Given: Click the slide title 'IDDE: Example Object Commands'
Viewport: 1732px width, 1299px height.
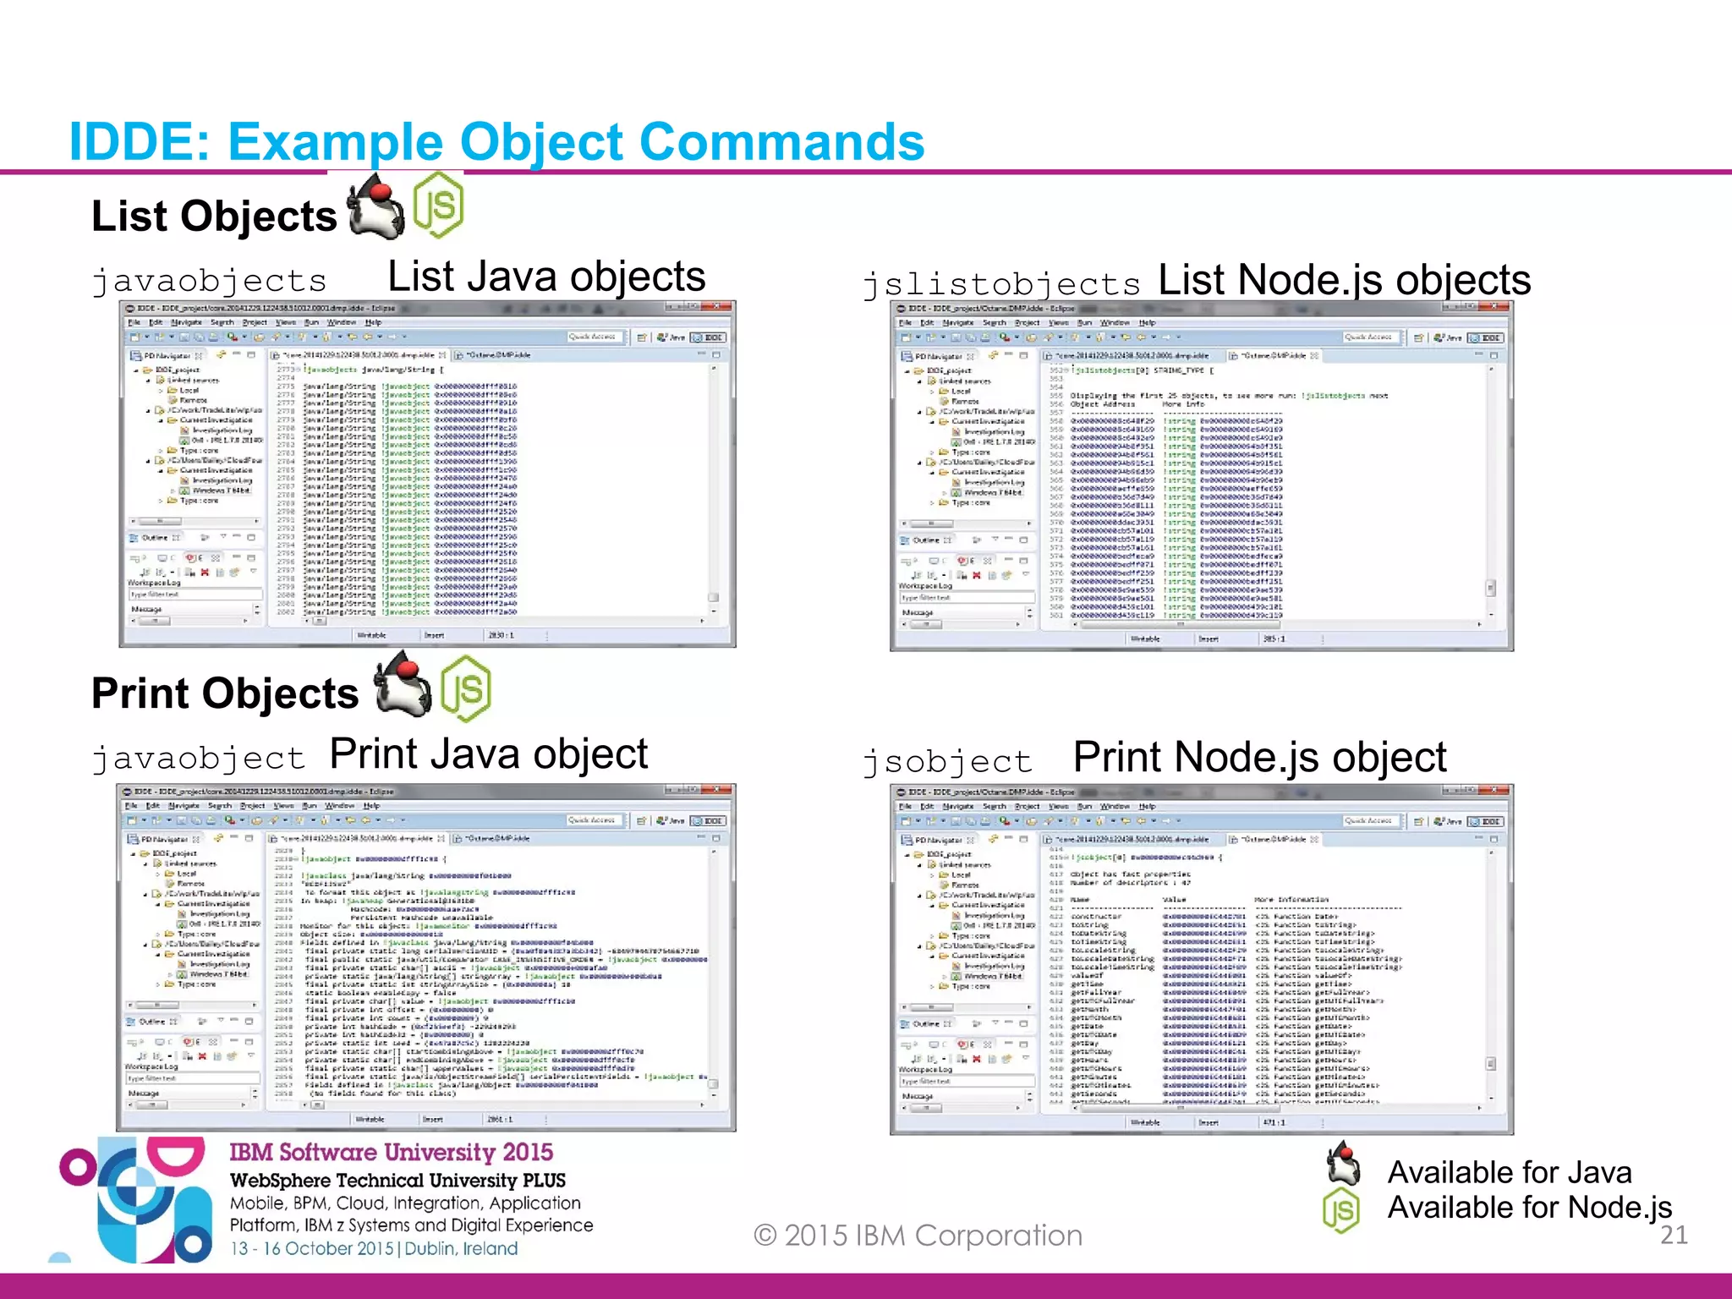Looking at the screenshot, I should [496, 141].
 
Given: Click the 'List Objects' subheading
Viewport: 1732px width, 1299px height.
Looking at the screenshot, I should [214, 216].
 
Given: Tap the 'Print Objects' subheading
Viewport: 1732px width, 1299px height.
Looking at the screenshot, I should [225, 693].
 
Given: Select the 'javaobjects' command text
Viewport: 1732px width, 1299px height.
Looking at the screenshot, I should [209, 281].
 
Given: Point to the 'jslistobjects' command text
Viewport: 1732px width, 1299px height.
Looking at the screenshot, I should [1001, 284].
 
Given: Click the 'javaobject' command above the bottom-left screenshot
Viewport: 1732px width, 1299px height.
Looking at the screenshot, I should [198, 758].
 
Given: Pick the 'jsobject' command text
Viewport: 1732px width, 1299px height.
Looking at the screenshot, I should [947, 761].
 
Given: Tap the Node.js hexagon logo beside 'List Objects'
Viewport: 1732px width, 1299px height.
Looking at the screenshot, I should [438, 206].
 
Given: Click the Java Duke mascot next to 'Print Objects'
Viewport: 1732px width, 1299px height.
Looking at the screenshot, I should [403, 686].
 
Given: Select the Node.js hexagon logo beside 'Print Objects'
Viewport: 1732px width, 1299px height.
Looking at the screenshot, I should [465, 688].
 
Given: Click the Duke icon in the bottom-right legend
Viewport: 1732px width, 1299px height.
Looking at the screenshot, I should [1343, 1164].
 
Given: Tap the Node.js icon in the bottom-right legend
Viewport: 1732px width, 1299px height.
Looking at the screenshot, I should [1341, 1210].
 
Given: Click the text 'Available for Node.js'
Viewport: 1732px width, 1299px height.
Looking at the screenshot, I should [1529, 1207].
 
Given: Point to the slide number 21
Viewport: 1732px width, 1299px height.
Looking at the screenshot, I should [1674, 1236].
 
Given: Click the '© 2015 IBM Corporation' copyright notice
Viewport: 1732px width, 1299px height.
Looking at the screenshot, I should [918, 1236].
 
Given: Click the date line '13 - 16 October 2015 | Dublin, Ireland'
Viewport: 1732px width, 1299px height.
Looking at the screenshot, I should [374, 1248].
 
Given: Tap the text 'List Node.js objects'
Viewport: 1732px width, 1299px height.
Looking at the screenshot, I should [1344, 280].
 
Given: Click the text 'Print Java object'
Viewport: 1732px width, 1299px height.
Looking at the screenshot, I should [488, 754].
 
